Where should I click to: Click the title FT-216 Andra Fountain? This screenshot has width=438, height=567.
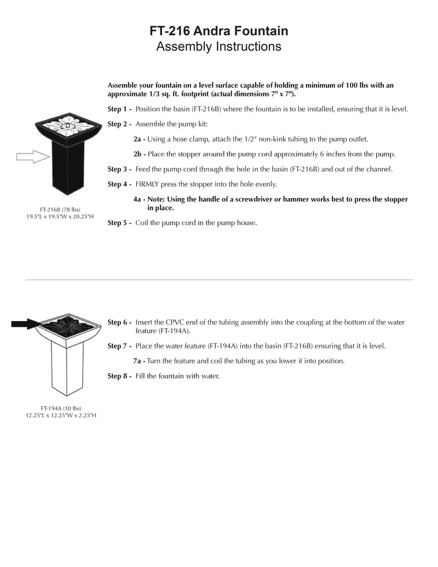(219, 31)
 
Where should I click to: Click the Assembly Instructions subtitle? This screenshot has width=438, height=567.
(219, 47)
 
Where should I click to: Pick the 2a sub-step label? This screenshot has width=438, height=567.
(139, 139)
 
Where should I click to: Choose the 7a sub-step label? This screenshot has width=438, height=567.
(139, 362)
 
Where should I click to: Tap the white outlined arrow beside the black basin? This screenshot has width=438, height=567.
(32, 157)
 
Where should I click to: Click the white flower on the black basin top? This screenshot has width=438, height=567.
(68, 124)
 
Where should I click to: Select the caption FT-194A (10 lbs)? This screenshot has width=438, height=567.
(60, 409)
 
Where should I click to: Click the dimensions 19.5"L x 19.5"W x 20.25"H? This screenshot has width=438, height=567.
(60, 217)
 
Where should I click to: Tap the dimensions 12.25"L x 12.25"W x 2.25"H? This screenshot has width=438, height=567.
(61, 416)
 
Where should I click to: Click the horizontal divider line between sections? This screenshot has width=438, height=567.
(219, 280)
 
